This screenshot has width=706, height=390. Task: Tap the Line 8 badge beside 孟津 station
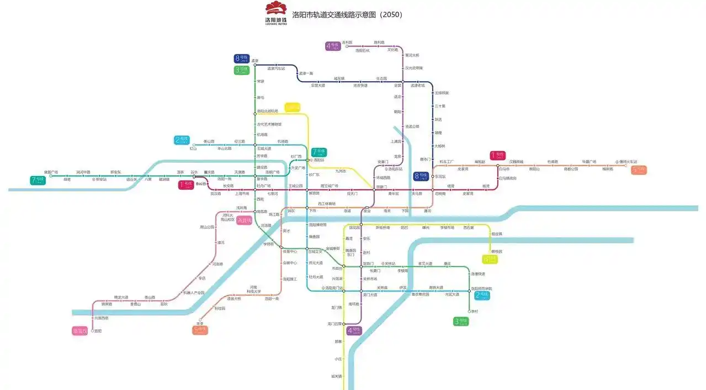(242, 58)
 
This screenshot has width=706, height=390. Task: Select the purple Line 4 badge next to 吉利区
(333, 46)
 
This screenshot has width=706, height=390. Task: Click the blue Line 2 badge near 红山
(182, 140)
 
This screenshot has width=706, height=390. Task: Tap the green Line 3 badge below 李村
(461, 321)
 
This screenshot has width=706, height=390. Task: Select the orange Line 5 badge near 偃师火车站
(639, 170)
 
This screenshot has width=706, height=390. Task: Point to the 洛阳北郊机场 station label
(267, 111)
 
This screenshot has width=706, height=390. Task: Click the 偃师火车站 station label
(628, 162)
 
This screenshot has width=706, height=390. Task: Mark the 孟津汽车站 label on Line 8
(276, 69)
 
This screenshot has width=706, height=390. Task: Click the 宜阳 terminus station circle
(93, 330)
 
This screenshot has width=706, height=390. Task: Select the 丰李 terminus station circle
(200, 319)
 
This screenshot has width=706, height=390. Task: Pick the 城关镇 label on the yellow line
(337, 376)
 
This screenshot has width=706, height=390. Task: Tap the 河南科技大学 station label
(253, 289)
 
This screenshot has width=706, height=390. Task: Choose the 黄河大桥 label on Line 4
(412, 55)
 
